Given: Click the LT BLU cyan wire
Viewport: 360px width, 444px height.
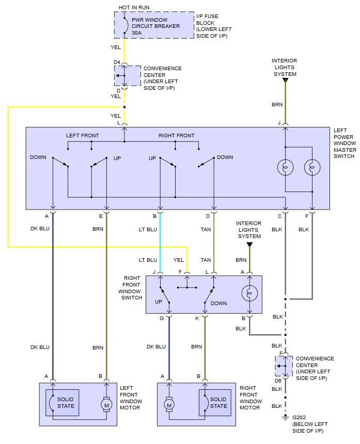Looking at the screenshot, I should (x=160, y=243).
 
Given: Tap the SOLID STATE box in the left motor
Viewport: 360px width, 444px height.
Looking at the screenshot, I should (x=65, y=402).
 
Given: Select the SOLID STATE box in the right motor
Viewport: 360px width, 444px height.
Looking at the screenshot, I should (x=218, y=402).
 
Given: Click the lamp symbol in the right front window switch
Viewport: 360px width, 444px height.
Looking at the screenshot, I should (x=249, y=293).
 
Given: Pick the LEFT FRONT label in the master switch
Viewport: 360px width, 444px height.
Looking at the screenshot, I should (x=83, y=136).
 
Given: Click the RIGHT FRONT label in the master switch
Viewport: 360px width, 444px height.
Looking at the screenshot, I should (x=176, y=136).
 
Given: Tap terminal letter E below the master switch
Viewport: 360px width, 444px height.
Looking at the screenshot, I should (x=101, y=216).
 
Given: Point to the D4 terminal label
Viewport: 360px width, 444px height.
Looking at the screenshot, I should (x=117, y=63).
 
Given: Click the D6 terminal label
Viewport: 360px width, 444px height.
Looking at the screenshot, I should (x=278, y=381).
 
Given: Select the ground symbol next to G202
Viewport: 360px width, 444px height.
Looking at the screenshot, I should (x=284, y=417).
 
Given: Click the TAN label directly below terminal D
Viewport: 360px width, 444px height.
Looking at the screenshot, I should (x=206, y=229).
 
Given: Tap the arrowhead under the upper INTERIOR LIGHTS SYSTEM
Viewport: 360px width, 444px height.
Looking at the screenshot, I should (x=285, y=80).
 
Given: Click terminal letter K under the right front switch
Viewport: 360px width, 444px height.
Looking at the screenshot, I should (x=197, y=319).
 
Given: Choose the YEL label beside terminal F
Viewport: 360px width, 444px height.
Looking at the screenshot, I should (x=179, y=260).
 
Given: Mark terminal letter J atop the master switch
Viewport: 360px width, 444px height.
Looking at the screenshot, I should (x=279, y=123).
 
